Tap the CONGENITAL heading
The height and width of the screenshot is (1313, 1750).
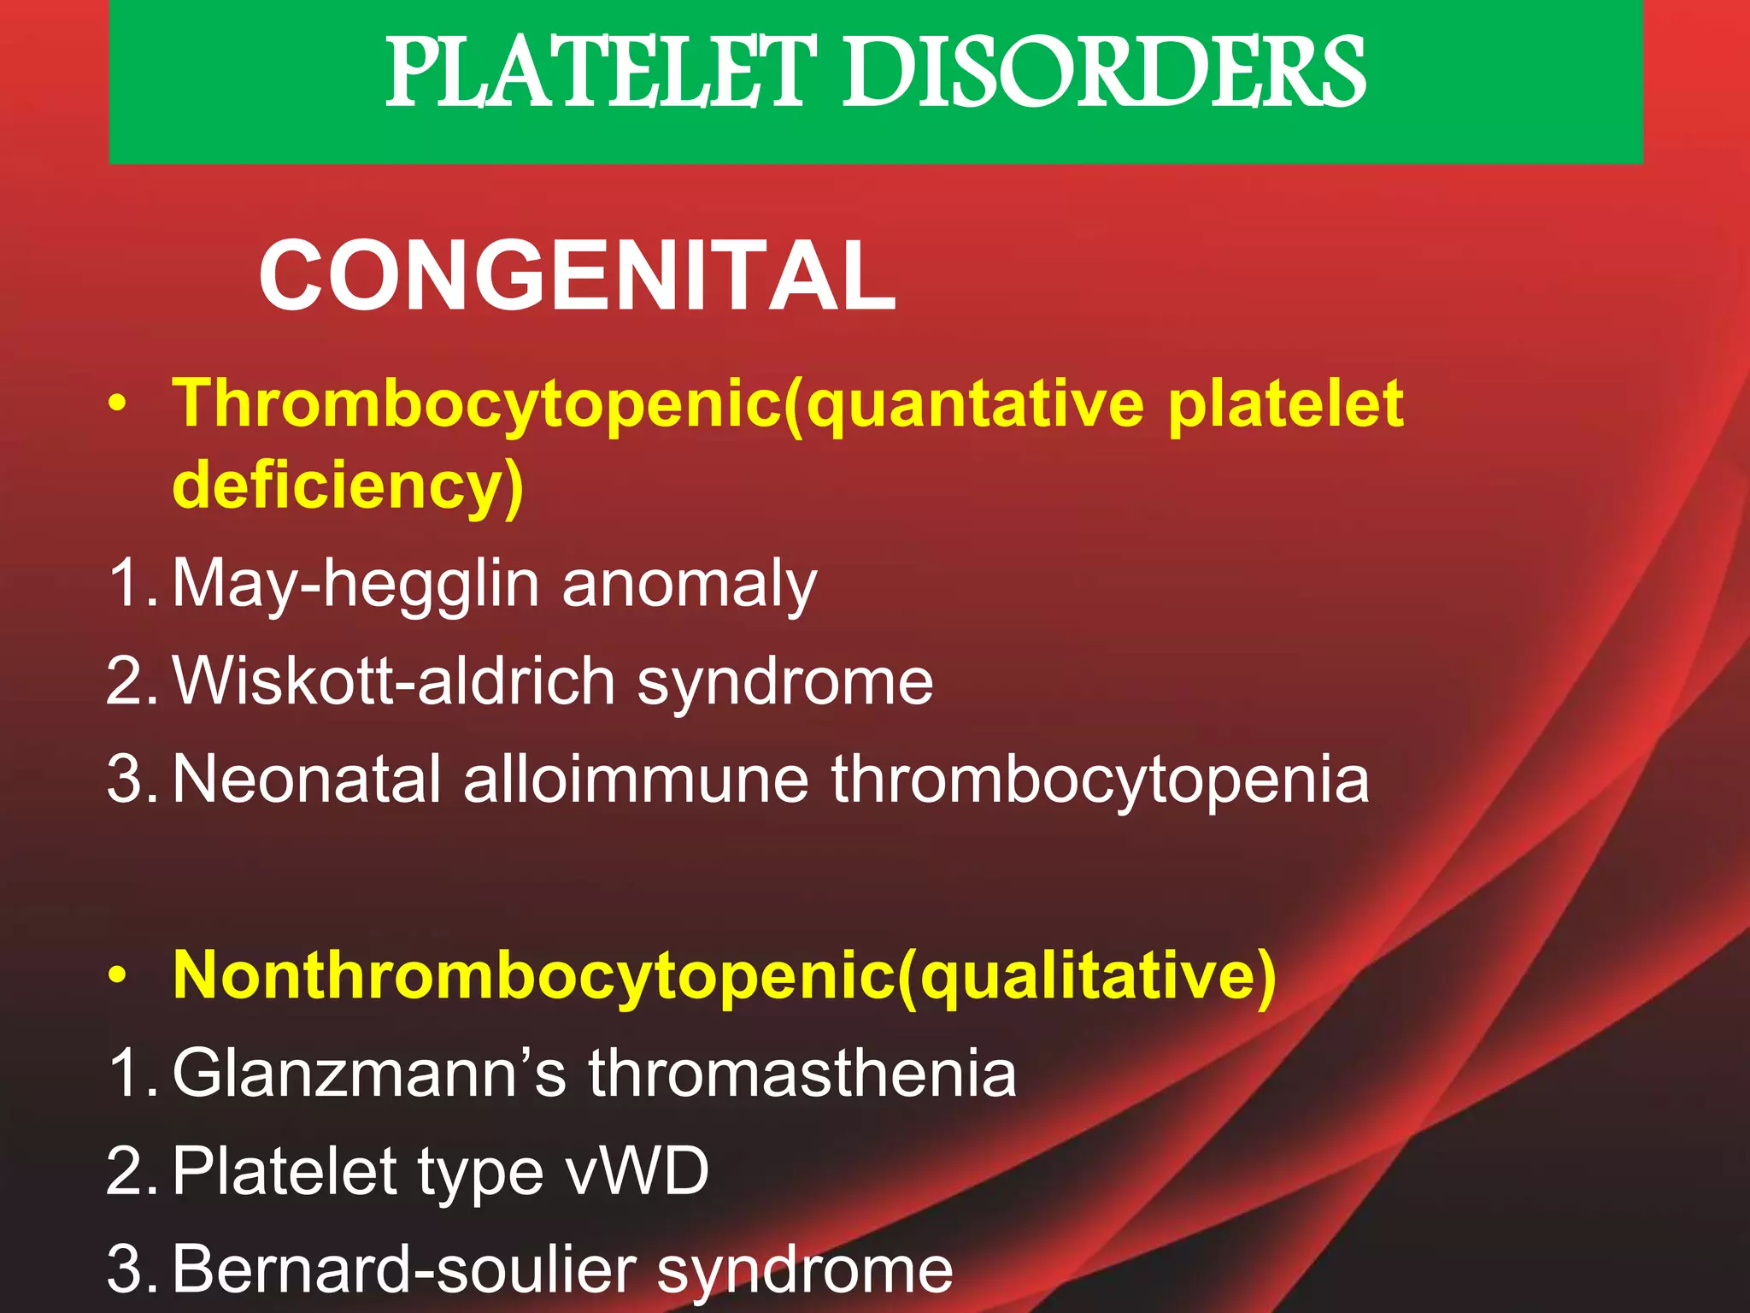578,277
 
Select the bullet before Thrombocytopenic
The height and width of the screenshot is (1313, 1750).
119,403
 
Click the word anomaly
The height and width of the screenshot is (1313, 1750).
690,585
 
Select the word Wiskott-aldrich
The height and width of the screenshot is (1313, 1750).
394,681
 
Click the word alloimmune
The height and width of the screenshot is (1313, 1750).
636,779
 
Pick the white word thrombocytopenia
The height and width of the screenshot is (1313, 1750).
1101,780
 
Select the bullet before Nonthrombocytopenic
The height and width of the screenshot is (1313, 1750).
119,974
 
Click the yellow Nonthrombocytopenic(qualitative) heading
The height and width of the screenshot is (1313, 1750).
725,976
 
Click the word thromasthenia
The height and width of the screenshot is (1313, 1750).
802,1073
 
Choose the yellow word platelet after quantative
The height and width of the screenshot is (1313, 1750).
1285,403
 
